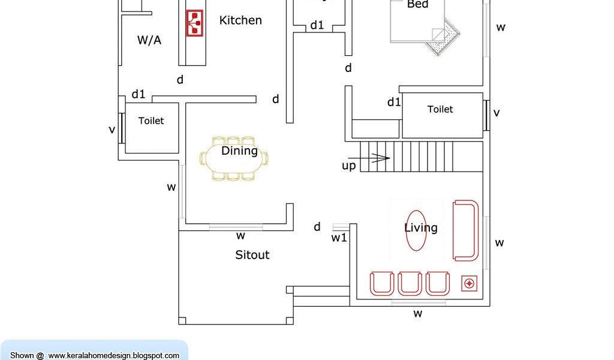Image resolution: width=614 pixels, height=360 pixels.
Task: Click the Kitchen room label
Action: click(x=240, y=20)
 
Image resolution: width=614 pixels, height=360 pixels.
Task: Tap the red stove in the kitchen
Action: click(x=194, y=23)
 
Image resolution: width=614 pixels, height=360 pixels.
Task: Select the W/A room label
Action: click(x=149, y=40)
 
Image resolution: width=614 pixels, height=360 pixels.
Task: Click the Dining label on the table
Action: click(x=239, y=151)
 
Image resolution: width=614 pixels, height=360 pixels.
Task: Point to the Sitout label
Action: click(x=252, y=255)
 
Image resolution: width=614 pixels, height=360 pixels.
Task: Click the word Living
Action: click(x=421, y=228)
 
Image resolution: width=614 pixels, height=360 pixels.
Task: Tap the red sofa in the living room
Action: click(x=466, y=231)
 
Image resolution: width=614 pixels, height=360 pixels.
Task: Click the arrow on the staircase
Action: click(x=381, y=158)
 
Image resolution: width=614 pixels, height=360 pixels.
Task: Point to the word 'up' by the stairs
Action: click(x=348, y=166)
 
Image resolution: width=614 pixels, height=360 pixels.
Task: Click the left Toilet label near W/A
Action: click(x=151, y=121)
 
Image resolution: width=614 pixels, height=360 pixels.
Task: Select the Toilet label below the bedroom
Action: click(x=440, y=109)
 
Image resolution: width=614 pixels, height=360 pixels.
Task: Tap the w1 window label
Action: click(x=339, y=238)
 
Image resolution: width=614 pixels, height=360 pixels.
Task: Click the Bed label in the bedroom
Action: click(x=417, y=5)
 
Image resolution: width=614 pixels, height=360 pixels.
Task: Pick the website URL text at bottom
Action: click(x=113, y=355)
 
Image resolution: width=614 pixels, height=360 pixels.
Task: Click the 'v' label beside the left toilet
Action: click(x=112, y=129)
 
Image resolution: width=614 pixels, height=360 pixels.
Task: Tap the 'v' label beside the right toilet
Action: click(x=496, y=112)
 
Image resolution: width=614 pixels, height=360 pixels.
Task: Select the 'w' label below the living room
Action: click(x=418, y=313)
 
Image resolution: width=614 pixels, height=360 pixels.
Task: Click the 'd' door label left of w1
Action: click(x=317, y=226)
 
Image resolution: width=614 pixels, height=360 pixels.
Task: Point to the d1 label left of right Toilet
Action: click(x=394, y=102)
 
